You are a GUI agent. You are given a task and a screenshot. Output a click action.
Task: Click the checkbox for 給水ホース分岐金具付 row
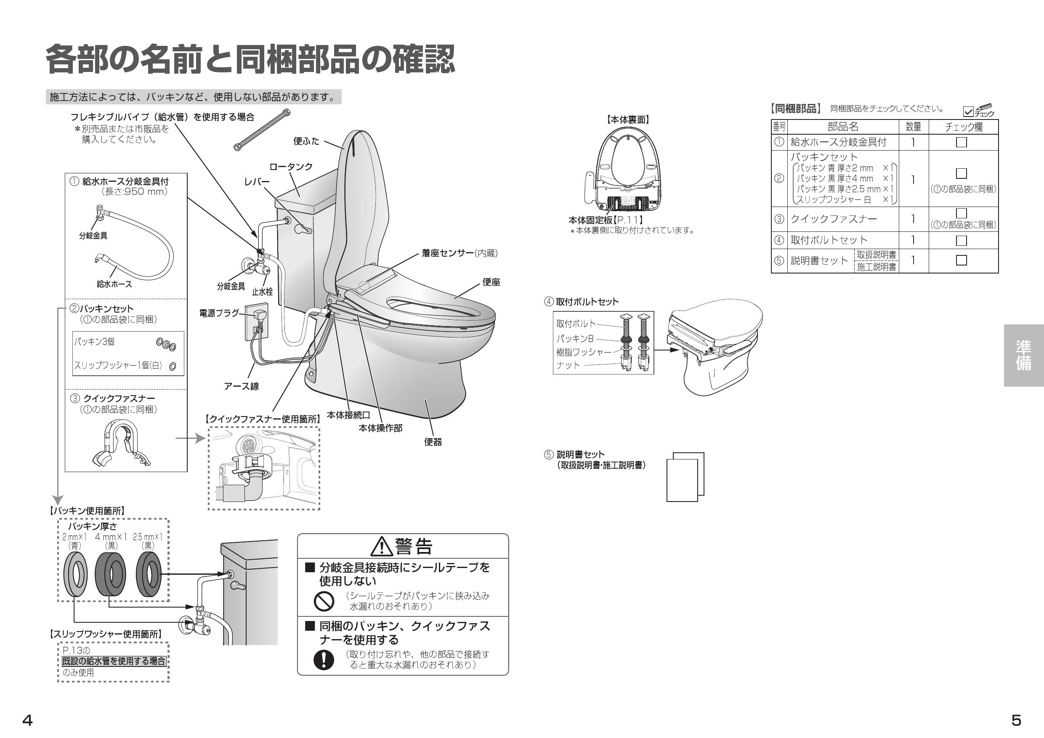[961, 142]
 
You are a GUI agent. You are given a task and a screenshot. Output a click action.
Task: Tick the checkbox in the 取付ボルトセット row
[961, 241]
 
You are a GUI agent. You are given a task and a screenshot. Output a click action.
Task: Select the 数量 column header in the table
[913, 127]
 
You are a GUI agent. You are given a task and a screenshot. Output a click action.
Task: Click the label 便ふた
[306, 141]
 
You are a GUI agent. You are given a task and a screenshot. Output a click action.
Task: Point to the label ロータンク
[291, 167]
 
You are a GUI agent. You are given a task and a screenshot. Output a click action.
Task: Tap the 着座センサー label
[447, 253]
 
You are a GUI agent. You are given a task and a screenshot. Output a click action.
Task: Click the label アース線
[241, 386]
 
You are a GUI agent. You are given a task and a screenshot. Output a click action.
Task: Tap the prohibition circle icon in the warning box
[324, 601]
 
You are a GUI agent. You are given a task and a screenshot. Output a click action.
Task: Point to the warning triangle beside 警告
[382, 547]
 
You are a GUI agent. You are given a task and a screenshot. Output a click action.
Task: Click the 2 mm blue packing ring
[75, 574]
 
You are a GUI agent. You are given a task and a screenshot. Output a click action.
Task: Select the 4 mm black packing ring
[111, 574]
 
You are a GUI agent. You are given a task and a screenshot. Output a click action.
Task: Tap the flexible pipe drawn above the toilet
[262, 130]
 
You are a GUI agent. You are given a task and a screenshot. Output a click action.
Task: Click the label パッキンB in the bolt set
[575, 339]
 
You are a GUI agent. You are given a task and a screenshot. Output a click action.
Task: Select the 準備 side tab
[1023, 355]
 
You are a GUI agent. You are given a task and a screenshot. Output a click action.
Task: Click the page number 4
[27, 720]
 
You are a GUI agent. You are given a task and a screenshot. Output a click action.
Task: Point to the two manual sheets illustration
[685, 477]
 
